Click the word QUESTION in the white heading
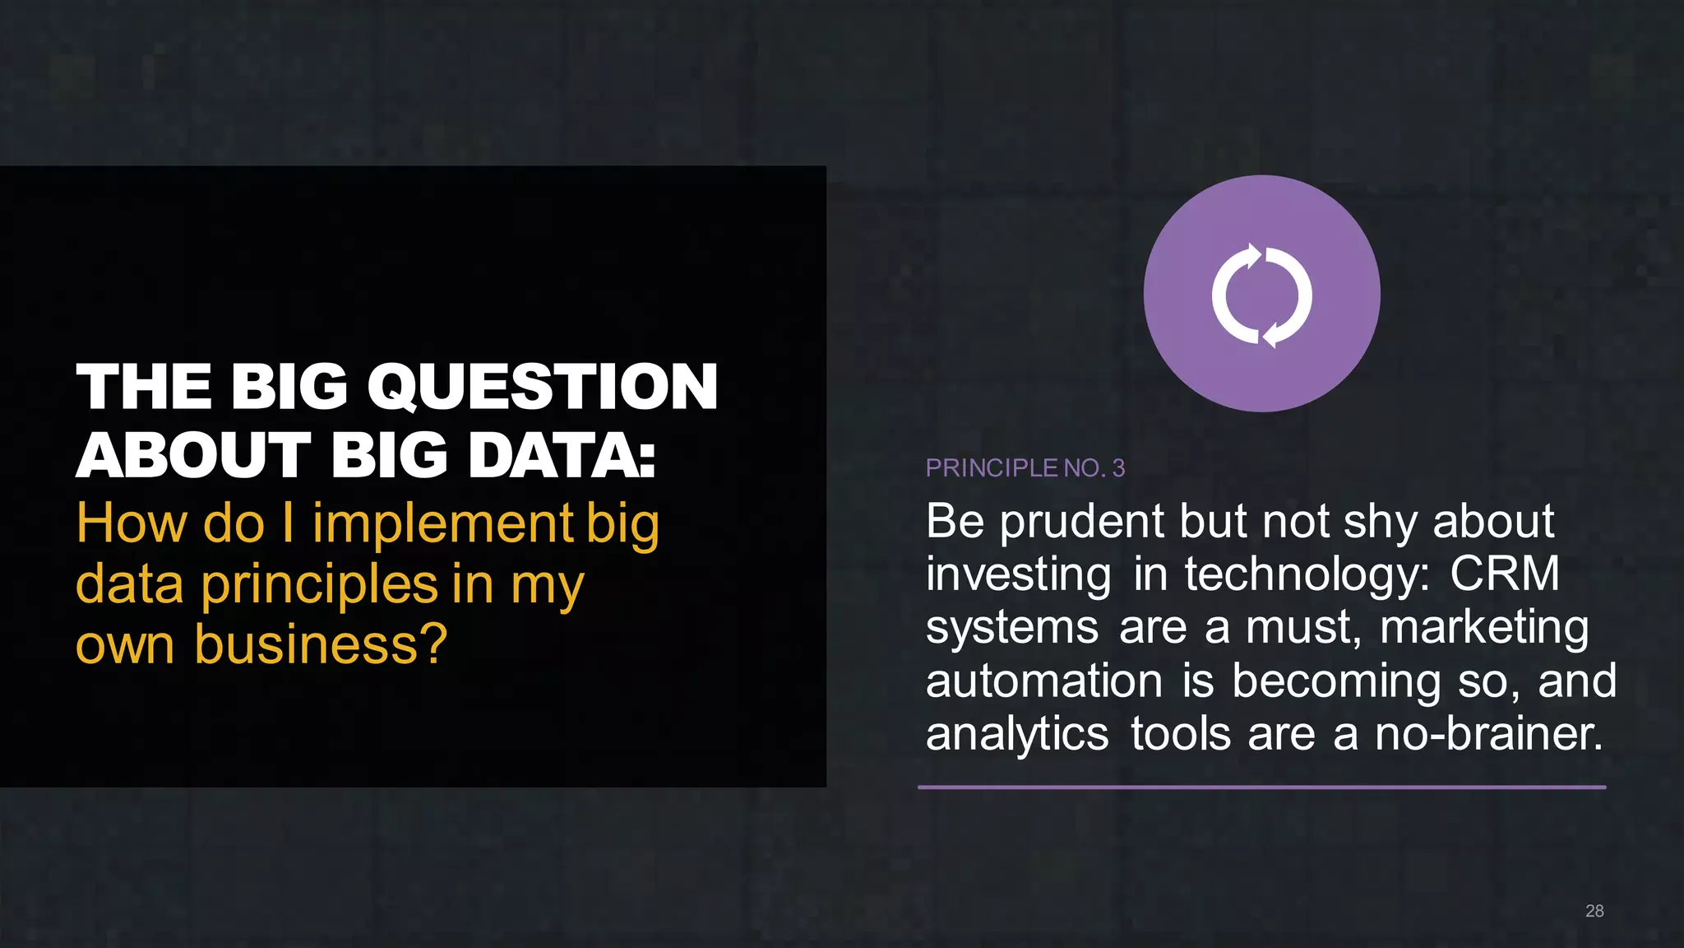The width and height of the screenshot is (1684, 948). pyautogui.click(x=543, y=387)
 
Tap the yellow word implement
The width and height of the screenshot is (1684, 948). pyautogui.click(x=442, y=524)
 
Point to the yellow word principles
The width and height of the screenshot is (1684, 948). pyautogui.click(x=319, y=585)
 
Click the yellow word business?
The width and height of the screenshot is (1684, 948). pyautogui.click(x=321, y=644)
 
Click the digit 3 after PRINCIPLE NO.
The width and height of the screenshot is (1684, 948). pyautogui.click(x=1118, y=468)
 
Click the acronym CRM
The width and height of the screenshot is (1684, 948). pyautogui.click(x=1504, y=574)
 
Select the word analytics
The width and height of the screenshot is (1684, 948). pyautogui.click(x=1017, y=734)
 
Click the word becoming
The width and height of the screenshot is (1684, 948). pyautogui.click(x=1336, y=681)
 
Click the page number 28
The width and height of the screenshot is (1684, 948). pyautogui.click(x=1594, y=911)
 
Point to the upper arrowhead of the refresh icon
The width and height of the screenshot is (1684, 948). pyautogui.click(x=1252, y=255)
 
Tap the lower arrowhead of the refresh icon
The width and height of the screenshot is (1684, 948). pyautogui.click(x=1271, y=335)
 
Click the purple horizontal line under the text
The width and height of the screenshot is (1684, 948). pyautogui.click(x=1261, y=788)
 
